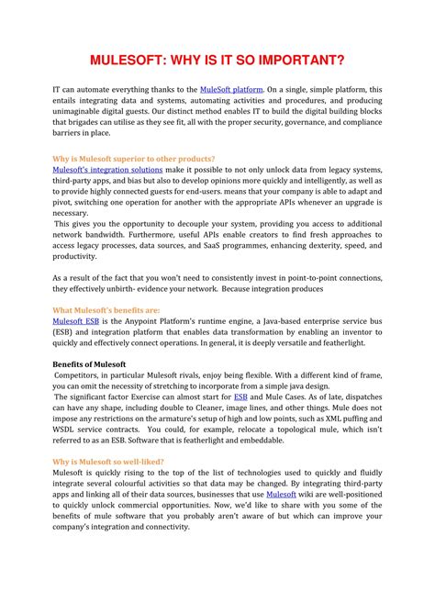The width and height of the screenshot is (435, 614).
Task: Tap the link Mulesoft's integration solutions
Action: click(x=95, y=170)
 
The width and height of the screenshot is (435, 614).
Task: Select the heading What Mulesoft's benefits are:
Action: click(x=106, y=310)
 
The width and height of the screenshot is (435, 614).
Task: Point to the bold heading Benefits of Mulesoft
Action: click(x=90, y=364)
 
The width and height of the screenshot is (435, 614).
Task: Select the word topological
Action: click(x=278, y=429)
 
